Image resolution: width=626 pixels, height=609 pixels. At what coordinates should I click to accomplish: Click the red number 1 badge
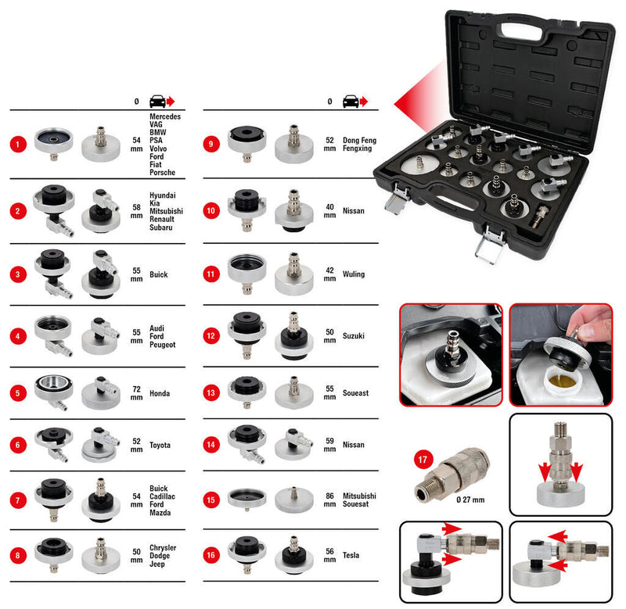[18, 145]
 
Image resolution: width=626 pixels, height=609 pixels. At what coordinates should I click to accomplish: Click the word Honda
[160, 393]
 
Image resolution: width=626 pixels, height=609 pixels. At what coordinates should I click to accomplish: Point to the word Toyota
[161, 446]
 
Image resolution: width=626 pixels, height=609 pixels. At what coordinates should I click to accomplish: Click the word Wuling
[354, 274]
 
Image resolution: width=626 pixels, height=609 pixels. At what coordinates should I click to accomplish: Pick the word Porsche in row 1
[163, 173]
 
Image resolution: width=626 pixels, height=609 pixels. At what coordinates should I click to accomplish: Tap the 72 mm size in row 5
[137, 393]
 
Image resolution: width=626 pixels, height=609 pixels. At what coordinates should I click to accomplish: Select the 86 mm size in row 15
[329, 501]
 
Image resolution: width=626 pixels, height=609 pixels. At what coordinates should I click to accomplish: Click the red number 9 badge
[211, 145]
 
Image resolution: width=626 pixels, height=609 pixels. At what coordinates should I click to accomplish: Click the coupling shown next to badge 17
[452, 473]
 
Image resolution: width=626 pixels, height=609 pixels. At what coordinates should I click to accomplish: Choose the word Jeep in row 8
[156, 564]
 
